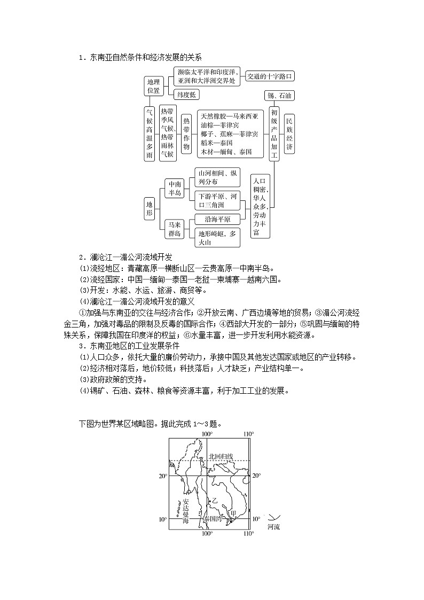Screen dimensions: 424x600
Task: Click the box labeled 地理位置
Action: click(x=153, y=86)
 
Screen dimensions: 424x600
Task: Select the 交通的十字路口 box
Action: click(x=270, y=76)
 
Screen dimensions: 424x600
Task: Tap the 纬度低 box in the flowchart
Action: click(x=186, y=95)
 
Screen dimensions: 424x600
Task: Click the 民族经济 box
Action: click(x=289, y=134)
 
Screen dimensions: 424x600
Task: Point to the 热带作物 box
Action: click(x=186, y=134)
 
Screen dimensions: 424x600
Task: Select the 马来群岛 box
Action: click(x=174, y=229)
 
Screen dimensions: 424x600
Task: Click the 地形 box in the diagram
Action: click(x=150, y=208)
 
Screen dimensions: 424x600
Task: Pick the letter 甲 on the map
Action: click(x=232, y=513)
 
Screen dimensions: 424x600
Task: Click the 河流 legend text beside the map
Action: click(x=273, y=527)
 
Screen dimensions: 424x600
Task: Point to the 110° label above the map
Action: click(x=248, y=434)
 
